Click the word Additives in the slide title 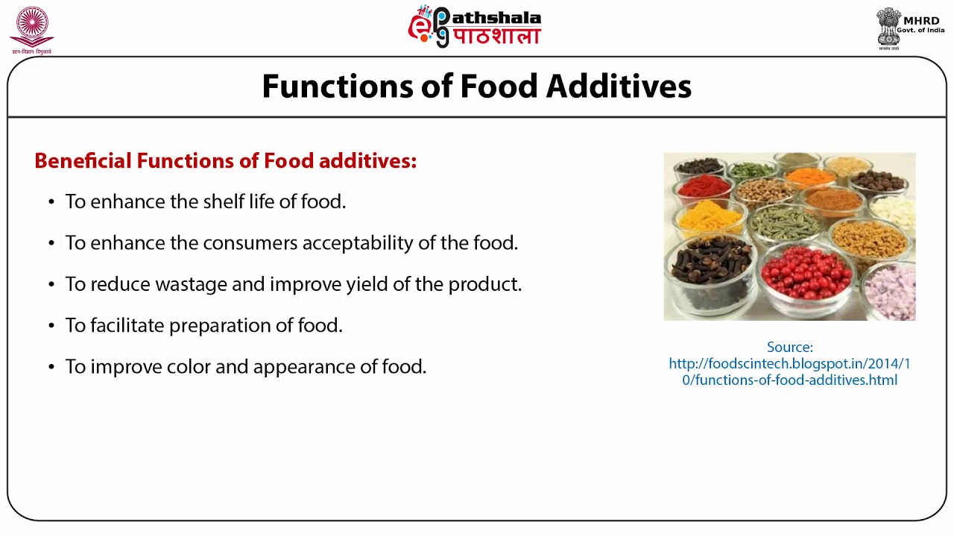coord(618,87)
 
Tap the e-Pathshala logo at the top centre coord(474,27)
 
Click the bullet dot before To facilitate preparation coord(51,326)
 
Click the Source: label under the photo coord(789,348)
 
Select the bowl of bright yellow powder coord(709,217)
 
